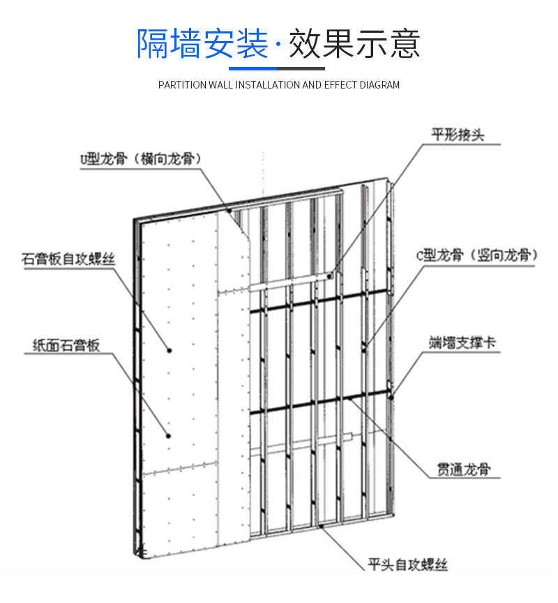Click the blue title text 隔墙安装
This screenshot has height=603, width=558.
[x=202, y=43]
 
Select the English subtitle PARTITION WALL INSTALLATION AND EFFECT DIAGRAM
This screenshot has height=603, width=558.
[x=279, y=85]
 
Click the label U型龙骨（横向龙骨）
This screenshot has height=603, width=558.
[x=140, y=159]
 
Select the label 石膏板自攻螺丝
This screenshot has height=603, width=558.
[x=68, y=260]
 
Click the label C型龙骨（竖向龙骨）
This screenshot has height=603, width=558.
[x=477, y=256]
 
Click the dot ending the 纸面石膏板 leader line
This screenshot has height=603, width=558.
[x=168, y=436]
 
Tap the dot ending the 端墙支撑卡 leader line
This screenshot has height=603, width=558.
[x=392, y=397]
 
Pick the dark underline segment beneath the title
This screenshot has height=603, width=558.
[x=302, y=68]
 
